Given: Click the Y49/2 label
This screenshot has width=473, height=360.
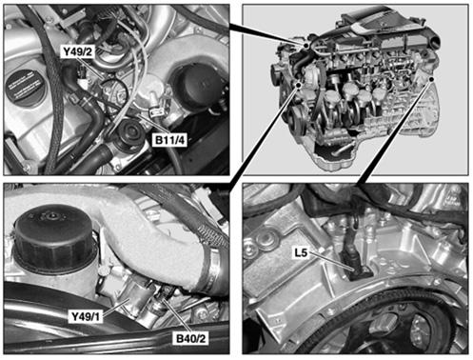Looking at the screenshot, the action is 77,51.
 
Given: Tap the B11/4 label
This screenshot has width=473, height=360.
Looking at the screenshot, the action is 169,140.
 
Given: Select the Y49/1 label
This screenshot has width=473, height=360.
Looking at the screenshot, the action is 86,316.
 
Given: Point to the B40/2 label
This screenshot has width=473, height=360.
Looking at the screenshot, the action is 191,338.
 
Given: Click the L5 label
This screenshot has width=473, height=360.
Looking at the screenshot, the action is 301,252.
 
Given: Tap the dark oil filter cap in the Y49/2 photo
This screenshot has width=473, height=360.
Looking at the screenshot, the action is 199,83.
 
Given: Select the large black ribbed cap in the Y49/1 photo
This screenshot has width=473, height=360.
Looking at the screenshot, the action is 54,236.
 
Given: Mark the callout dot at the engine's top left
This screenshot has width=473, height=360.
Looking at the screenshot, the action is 305,46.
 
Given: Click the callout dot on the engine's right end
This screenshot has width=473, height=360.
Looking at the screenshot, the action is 431,79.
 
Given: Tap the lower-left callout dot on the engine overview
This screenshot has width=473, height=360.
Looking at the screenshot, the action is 298,85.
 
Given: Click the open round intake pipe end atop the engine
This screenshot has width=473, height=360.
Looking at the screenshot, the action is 435,40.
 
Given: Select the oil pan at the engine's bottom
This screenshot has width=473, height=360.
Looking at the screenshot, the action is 336,157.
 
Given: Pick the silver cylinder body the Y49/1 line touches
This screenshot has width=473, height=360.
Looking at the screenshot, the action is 137,297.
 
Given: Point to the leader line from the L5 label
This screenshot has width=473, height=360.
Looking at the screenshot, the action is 331,261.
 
